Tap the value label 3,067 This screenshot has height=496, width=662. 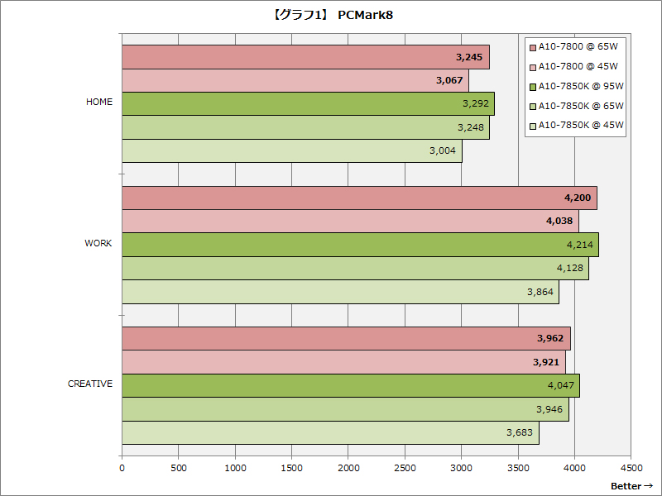click(451, 81)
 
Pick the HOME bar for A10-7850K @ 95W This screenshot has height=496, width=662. click(307, 104)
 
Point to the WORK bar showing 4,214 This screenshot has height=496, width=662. click(359, 245)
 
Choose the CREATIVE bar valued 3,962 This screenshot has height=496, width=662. click(345, 338)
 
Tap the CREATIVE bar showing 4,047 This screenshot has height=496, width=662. click(350, 385)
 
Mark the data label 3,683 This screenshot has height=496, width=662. click(522, 432)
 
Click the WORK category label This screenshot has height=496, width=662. click(98, 243)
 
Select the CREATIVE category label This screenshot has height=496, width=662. click(90, 384)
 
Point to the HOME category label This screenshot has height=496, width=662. click(99, 103)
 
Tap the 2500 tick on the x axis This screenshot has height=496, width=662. click(405, 467)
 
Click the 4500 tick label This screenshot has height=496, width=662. click(631, 467)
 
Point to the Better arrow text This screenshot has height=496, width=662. click(632, 486)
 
